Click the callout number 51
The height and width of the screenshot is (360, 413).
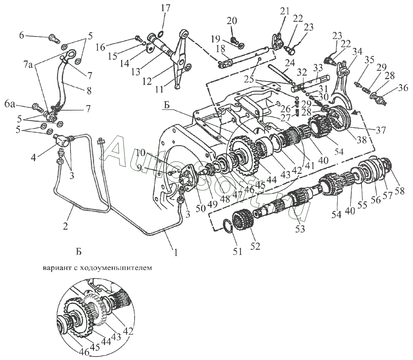(x=237, y=251)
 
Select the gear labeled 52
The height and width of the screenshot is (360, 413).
(x=243, y=220)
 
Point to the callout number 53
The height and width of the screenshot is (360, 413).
(x=299, y=229)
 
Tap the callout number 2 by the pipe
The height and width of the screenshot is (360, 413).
(x=65, y=226)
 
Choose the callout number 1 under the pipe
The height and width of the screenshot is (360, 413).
(x=176, y=252)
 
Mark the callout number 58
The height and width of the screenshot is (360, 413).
(x=400, y=190)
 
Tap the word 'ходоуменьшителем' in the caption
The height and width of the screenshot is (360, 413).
(x=116, y=268)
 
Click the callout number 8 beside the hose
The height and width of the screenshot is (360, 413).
(x=89, y=91)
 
